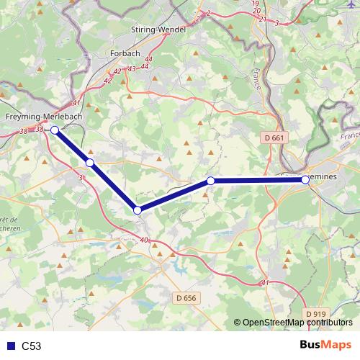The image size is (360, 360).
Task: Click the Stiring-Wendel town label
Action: (159, 29)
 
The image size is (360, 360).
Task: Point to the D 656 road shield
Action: (186, 297)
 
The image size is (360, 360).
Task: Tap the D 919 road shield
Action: (315, 314)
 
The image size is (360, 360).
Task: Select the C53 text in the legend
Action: (32, 346)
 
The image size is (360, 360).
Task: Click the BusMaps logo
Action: (325, 345)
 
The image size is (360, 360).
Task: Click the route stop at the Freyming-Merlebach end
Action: (55, 130)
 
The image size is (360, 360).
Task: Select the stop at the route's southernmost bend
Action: (137, 210)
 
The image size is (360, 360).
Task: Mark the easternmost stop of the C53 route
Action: (306, 179)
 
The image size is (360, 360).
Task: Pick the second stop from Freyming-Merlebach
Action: (90, 163)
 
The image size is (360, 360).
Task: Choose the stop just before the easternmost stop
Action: (210, 181)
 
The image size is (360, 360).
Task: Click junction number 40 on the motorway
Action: (145, 240)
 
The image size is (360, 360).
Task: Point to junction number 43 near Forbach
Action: (131, 68)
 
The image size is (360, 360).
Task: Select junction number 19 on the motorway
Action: (256, 4)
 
